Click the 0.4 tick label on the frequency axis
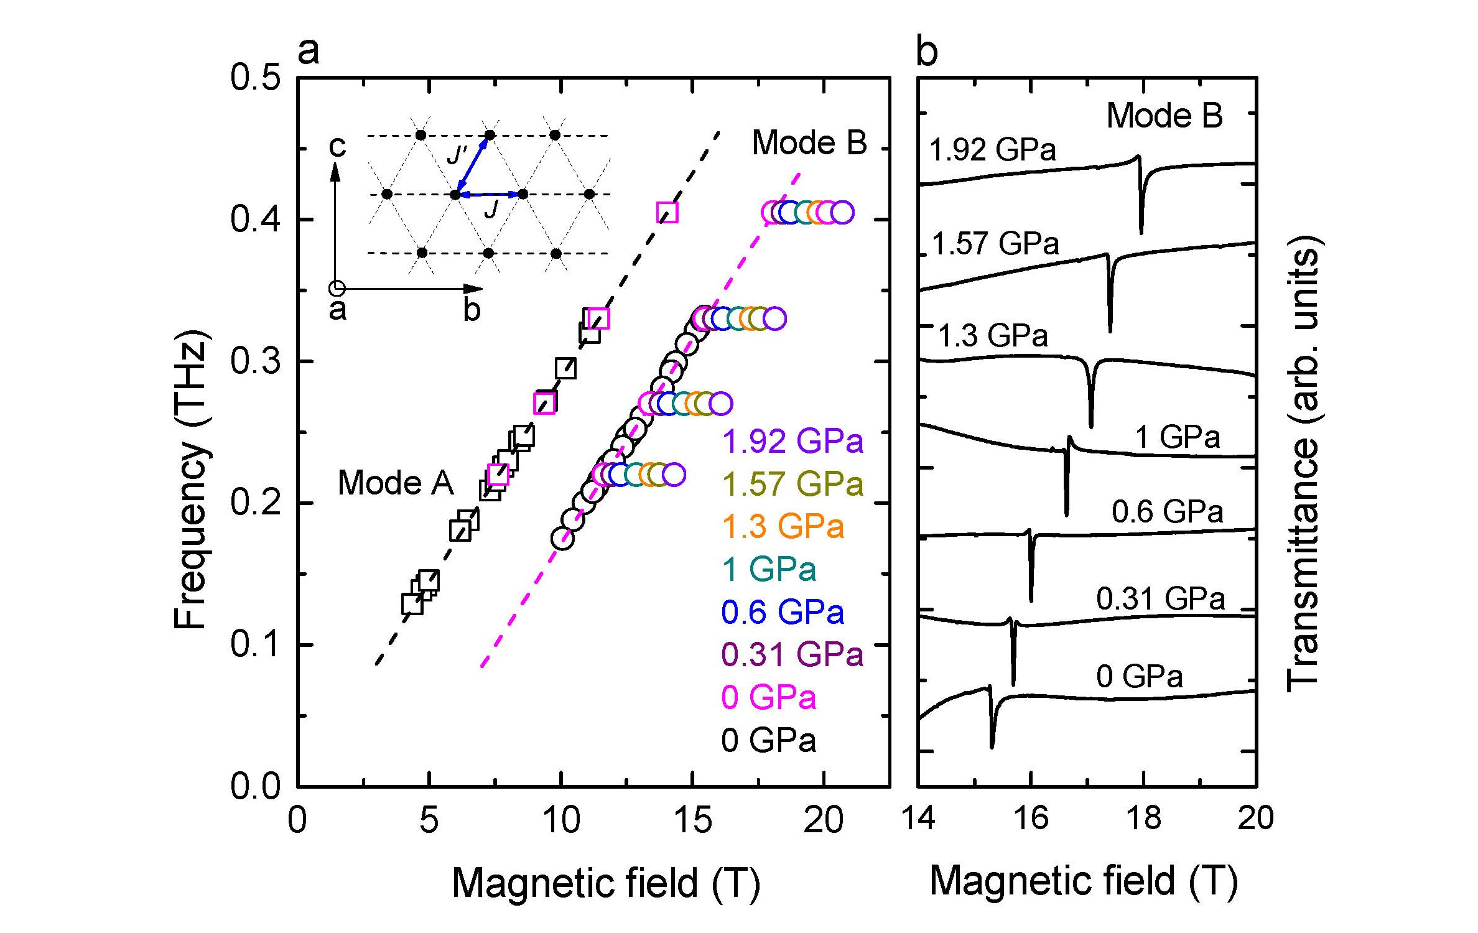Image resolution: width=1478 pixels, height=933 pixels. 255,220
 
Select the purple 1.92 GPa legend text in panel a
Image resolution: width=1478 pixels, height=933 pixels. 792,442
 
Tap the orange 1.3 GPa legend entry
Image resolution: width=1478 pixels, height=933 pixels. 783,527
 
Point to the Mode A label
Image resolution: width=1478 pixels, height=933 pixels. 396,483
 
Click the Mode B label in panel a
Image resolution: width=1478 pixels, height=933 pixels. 809,143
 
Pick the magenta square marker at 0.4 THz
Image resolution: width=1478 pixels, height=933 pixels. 667,213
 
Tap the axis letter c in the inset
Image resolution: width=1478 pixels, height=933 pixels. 337,147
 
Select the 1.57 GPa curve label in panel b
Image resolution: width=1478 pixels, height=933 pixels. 995,243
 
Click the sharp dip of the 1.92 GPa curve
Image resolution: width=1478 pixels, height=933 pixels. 1141,230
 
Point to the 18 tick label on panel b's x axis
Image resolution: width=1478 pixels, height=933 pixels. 1143,818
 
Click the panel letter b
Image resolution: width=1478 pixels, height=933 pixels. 927,52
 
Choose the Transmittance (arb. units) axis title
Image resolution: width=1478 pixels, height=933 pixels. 1303,463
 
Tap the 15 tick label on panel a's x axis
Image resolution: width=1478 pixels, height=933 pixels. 692,820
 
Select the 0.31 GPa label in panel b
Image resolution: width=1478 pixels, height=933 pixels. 1160,599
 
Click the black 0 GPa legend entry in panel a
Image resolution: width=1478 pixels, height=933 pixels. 768,740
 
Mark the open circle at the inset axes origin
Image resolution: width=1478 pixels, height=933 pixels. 337,289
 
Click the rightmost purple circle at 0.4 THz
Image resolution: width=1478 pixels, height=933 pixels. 842,212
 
